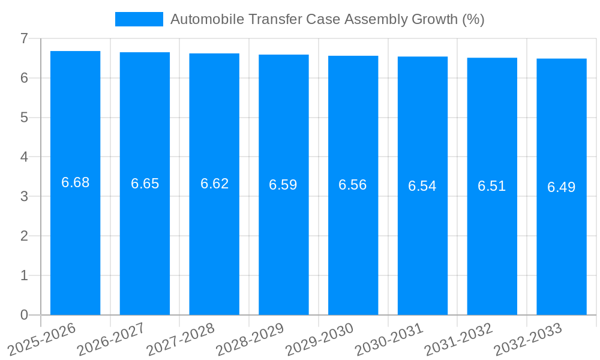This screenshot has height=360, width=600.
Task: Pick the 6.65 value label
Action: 145,184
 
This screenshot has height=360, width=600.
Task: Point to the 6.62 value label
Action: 214,184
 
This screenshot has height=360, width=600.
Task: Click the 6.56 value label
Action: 353,185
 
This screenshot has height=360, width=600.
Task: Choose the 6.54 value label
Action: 422,186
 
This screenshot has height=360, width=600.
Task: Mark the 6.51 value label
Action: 492,186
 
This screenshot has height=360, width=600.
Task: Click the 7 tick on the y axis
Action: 24,38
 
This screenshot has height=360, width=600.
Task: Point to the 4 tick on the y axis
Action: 24,157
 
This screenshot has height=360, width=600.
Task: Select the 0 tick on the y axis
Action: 24,315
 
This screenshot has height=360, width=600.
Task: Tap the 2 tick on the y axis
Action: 24,236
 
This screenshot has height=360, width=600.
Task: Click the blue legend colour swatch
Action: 139,19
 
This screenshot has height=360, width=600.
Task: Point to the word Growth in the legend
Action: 434,19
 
